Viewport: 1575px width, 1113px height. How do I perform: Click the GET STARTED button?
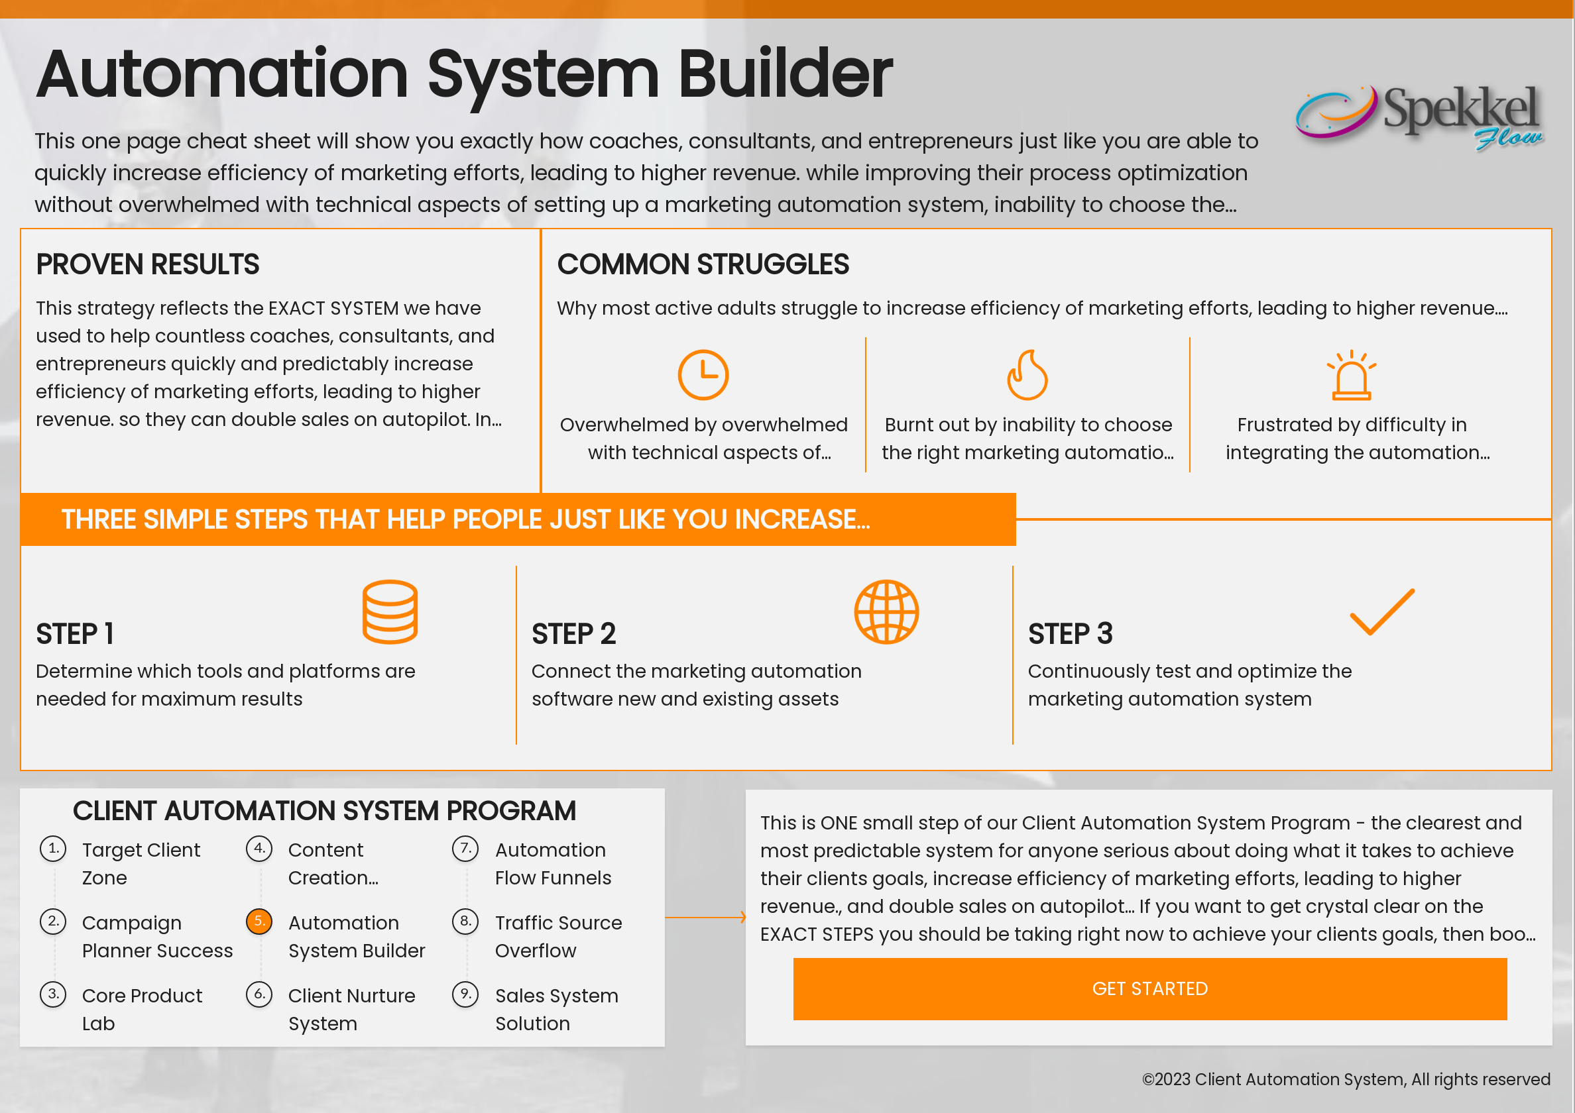click(1149, 988)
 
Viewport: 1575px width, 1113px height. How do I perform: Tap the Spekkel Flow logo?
click(1419, 117)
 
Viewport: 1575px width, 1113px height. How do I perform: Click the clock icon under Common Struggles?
click(703, 374)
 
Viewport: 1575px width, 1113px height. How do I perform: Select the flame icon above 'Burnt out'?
click(1027, 374)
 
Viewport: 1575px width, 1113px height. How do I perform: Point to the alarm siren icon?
click(1351, 375)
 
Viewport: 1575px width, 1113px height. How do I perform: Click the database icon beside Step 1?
click(390, 611)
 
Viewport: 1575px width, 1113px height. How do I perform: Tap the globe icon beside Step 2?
click(886, 611)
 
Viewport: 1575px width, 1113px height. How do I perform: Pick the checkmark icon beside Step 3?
click(1381, 611)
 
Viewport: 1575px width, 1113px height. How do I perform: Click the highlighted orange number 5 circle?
click(259, 921)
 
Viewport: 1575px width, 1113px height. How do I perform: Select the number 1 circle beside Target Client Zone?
click(53, 848)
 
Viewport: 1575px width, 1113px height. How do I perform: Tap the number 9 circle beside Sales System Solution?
click(465, 994)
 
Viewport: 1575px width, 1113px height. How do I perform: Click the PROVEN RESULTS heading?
click(147, 265)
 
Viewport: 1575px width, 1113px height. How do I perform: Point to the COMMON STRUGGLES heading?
click(703, 265)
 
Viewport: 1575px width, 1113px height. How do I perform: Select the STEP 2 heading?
click(573, 633)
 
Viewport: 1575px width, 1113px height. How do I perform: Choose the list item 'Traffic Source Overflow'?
click(557, 936)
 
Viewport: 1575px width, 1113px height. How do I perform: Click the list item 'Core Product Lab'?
click(141, 1009)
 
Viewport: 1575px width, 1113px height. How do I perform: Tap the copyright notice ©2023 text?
click(1345, 1079)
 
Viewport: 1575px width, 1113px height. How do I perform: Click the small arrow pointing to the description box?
click(741, 917)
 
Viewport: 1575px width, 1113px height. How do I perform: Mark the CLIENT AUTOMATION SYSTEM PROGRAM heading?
click(323, 811)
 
